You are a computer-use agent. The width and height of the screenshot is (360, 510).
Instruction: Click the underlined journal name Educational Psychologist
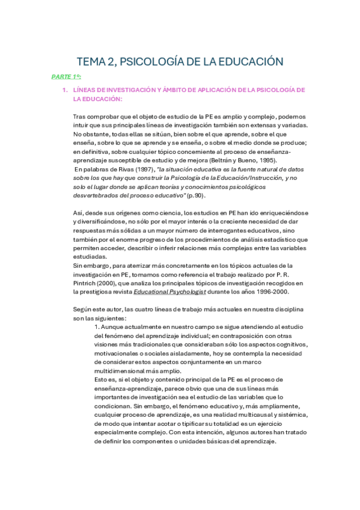coord(170,292)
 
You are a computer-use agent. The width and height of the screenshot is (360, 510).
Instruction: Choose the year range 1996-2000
coord(272,292)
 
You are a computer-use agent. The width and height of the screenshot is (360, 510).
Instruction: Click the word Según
coord(84,310)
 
